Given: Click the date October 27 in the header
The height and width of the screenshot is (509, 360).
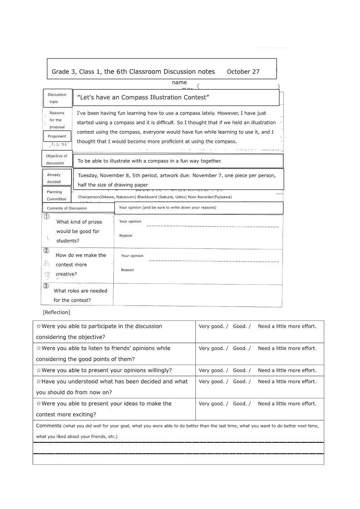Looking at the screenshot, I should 243,72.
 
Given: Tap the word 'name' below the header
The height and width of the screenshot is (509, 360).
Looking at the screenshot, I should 179,82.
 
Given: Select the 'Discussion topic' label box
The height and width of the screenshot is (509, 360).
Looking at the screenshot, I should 58,98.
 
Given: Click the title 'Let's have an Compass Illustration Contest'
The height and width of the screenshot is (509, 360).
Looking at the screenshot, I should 143,97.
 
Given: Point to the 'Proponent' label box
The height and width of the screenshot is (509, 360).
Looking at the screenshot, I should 57,136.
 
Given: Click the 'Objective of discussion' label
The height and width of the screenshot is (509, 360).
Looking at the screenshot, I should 57,159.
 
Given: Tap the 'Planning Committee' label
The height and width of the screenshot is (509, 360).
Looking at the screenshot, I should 57,195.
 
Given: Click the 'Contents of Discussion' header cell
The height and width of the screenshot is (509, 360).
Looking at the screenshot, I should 67,208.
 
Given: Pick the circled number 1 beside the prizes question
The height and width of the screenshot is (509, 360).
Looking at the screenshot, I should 46,217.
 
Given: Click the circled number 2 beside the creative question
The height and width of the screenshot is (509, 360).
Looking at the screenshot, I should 46,250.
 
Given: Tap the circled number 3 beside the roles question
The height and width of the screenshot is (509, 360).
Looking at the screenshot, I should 46,286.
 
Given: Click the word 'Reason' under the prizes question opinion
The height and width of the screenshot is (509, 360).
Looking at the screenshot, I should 126,236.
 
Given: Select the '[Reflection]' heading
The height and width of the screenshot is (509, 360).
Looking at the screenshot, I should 56,312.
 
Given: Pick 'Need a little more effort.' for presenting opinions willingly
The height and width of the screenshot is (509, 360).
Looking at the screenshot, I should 287,370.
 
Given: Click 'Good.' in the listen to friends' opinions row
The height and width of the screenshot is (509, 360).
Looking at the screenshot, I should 239,349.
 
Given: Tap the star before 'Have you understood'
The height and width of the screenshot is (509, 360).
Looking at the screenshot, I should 39,382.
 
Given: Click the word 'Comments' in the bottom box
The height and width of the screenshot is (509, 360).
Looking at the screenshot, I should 49,426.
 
